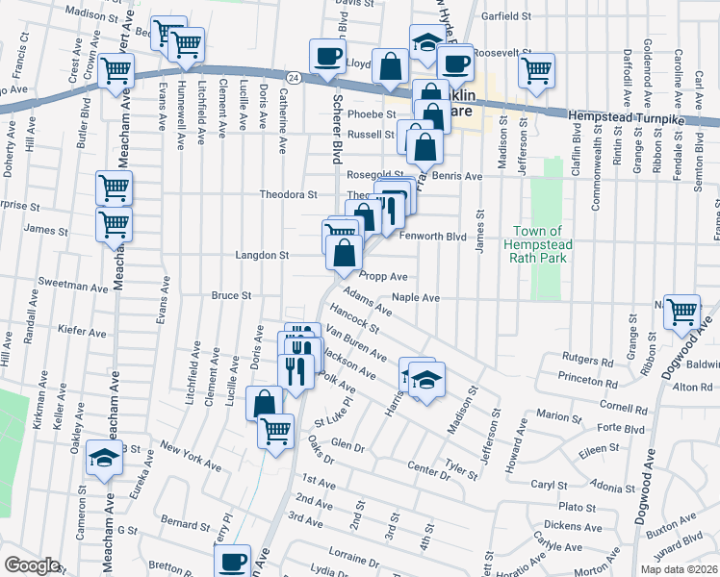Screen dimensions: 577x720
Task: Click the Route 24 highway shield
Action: coord(294,76)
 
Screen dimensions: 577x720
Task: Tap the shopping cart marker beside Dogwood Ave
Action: coord(681,311)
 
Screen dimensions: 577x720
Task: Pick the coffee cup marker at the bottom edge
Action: coord(232,562)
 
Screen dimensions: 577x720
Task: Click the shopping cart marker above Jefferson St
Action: coord(536,69)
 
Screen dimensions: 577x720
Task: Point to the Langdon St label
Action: coord(263,256)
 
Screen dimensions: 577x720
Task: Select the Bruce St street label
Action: coord(231,296)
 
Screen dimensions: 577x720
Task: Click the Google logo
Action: coord(32,564)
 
